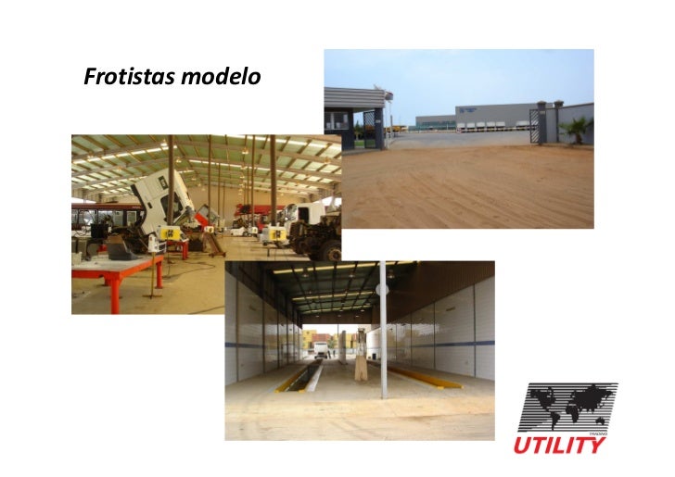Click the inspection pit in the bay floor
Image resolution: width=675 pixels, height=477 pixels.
click(x=312, y=375)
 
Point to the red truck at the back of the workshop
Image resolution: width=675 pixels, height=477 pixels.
click(x=250, y=215)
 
